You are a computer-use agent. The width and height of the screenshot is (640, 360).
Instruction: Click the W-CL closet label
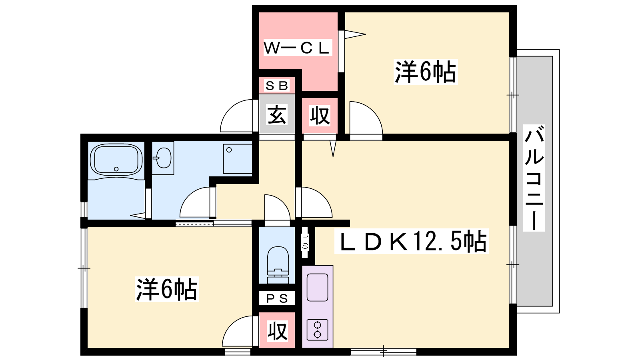296,48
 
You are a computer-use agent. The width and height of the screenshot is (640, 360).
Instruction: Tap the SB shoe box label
277,86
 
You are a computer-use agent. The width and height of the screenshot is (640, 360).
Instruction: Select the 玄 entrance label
277,115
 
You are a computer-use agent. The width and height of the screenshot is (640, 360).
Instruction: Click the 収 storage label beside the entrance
320,116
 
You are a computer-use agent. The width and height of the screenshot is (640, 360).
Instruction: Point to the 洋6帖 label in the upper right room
425,72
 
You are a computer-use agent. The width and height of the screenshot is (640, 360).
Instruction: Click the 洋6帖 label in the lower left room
167,289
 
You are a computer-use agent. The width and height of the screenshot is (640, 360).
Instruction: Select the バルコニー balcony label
534,178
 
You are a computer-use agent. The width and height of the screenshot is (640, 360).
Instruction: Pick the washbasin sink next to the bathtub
163,158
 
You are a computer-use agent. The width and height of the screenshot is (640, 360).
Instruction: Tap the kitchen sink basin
317,287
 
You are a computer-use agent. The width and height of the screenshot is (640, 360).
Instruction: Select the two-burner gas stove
317,329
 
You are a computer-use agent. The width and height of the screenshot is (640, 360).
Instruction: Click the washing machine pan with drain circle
237,158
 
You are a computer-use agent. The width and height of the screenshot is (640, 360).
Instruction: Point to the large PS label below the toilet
277,298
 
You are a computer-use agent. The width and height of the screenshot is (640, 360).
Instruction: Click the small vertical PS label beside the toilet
305,242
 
